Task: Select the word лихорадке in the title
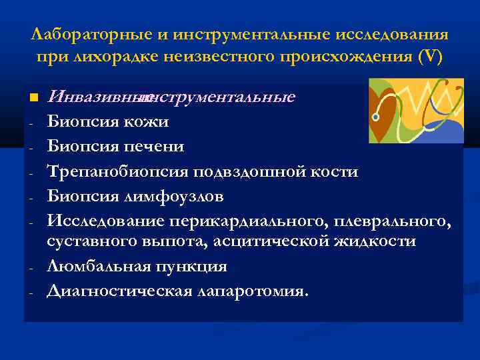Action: (106, 57)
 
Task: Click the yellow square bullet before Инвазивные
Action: (33, 99)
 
